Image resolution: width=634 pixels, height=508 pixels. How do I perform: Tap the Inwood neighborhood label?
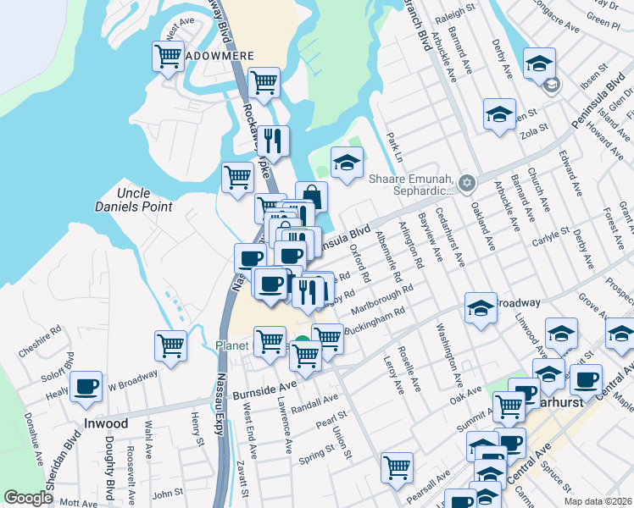(x=106, y=423)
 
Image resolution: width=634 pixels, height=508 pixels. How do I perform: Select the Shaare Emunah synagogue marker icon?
(x=465, y=183)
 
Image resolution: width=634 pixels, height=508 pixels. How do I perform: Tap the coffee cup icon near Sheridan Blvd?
(x=86, y=387)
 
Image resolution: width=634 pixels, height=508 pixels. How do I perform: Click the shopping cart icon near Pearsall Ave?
(x=397, y=467)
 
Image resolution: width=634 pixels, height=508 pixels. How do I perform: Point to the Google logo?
(x=29, y=498)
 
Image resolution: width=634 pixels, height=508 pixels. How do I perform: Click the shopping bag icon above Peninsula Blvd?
(x=311, y=196)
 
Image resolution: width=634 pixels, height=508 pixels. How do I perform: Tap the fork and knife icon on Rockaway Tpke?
(x=272, y=141)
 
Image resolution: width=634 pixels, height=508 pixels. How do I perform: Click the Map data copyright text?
(x=598, y=500)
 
